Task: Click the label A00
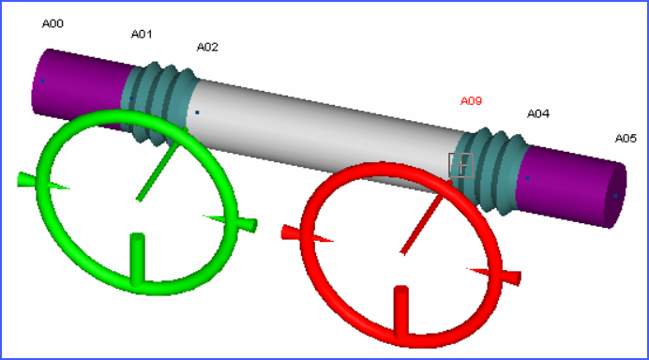pyautogui.click(x=53, y=23)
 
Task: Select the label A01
pyautogui.click(x=142, y=34)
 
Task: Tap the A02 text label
pyautogui.click(x=207, y=47)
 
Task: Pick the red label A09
pyautogui.click(x=471, y=100)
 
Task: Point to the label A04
pyautogui.click(x=538, y=113)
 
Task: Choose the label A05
pyautogui.click(x=626, y=138)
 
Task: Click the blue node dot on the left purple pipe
pyautogui.click(x=42, y=81)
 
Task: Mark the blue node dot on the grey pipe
pyautogui.click(x=197, y=112)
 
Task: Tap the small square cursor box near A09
pyautogui.click(x=460, y=165)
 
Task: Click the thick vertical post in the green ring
pyautogui.click(x=137, y=260)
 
